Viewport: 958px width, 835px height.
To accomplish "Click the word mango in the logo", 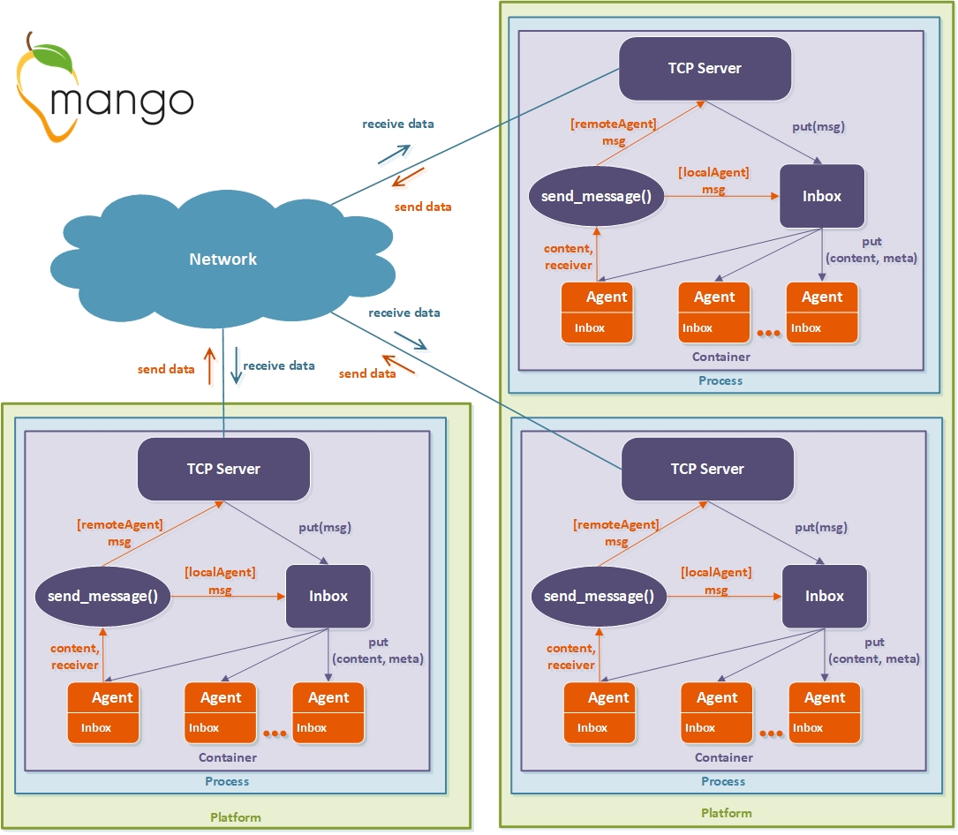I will (121, 101).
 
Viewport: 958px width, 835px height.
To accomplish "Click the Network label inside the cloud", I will (223, 259).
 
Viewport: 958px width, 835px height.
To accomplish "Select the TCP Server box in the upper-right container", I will (705, 68).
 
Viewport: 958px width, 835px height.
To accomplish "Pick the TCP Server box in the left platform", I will (223, 469).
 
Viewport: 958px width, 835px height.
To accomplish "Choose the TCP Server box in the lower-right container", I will (707, 469).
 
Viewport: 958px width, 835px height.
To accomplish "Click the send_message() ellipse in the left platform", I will (102, 596).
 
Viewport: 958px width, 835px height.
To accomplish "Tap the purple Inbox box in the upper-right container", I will (822, 196).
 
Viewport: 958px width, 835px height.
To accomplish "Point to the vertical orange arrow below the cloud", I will (210, 365).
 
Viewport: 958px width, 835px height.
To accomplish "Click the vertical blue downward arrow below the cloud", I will (235, 365).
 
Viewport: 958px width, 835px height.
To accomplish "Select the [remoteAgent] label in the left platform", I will (120, 524).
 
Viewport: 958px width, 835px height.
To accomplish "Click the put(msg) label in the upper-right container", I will (818, 126).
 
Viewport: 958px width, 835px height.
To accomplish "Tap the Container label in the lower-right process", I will (724, 757).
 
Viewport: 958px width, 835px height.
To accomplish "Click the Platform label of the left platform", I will (236, 817).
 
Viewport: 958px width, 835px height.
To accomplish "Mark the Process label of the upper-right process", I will (721, 380).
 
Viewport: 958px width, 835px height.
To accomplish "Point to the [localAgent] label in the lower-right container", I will (716, 573).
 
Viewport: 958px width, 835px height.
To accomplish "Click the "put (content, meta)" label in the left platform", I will (378, 651).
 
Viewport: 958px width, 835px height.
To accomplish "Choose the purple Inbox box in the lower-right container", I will (825, 596).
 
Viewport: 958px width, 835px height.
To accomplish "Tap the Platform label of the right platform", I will (727, 813).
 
